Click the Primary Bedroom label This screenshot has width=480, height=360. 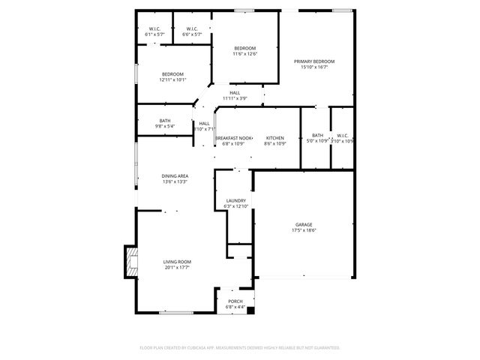tap(313, 61)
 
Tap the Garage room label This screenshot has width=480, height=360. tap(303, 225)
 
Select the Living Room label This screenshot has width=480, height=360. tap(177, 262)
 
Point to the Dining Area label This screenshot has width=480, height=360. tap(175, 175)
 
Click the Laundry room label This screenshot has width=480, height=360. tap(236, 201)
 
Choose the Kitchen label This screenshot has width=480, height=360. tap(275, 138)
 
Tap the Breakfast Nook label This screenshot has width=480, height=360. tap(234, 138)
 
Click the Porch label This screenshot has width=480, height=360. tap(235, 301)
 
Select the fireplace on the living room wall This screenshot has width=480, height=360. tap(130, 263)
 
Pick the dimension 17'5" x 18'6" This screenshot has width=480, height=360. tap(303, 231)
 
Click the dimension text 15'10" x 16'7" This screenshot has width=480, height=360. tap(313, 67)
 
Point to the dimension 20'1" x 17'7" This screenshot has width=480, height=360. tap(177, 268)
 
